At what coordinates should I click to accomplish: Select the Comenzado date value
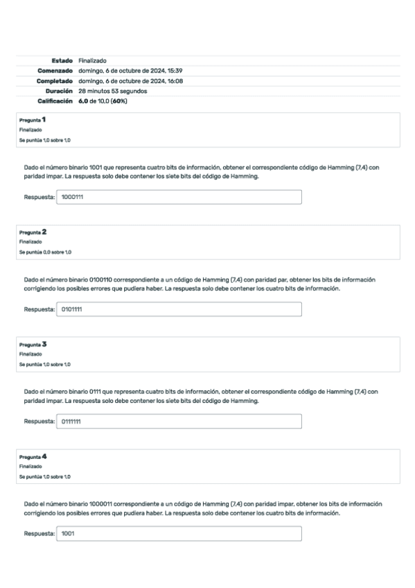130,71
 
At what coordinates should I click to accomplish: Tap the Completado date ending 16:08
130,81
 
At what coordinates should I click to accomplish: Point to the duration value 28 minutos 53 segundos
113,91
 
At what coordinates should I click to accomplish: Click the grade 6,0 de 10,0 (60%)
103,101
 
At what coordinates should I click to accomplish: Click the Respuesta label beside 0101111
39,309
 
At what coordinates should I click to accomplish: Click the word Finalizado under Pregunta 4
29,467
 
